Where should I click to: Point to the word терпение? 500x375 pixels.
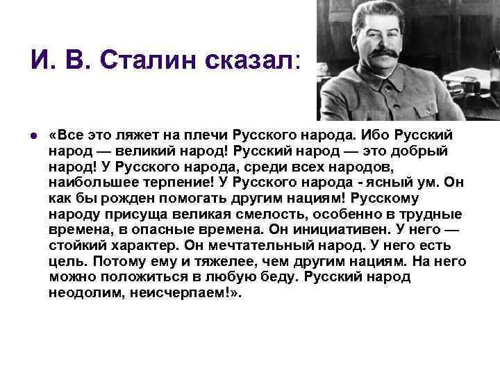tap(165, 183)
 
